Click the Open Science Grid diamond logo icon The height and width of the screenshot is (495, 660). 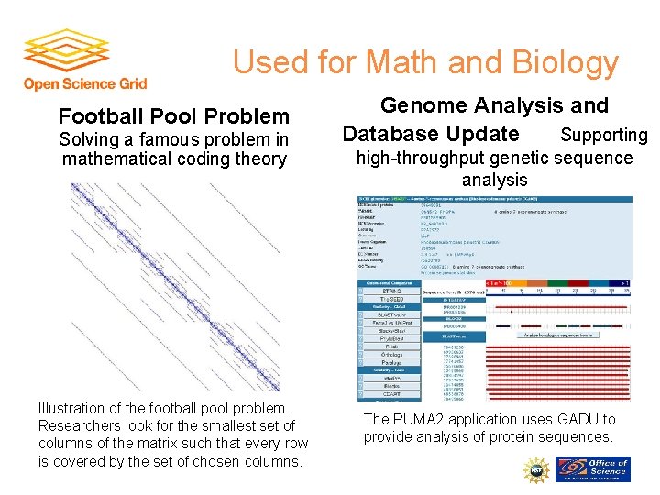click(x=66, y=50)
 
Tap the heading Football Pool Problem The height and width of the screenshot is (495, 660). click(x=173, y=116)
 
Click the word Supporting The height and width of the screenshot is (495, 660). click(x=603, y=135)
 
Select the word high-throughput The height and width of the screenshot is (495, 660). click(x=423, y=158)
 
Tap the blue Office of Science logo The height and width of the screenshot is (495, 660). click(x=595, y=469)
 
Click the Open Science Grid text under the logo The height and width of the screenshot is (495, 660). click(x=84, y=83)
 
